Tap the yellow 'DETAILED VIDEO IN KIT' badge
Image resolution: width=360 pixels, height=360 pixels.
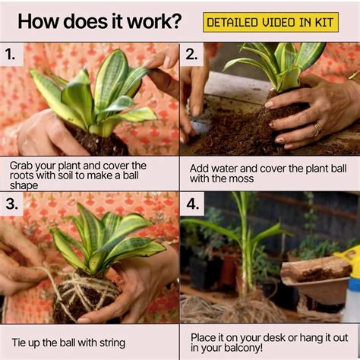270,22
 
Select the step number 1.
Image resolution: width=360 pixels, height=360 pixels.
10,54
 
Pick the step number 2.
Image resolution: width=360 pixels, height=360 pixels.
191,54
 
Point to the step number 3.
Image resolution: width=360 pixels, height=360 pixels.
11,203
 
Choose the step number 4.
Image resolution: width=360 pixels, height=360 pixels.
191,203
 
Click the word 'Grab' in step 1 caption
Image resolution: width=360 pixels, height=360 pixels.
24,165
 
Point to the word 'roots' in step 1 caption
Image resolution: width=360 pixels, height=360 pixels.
27,177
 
